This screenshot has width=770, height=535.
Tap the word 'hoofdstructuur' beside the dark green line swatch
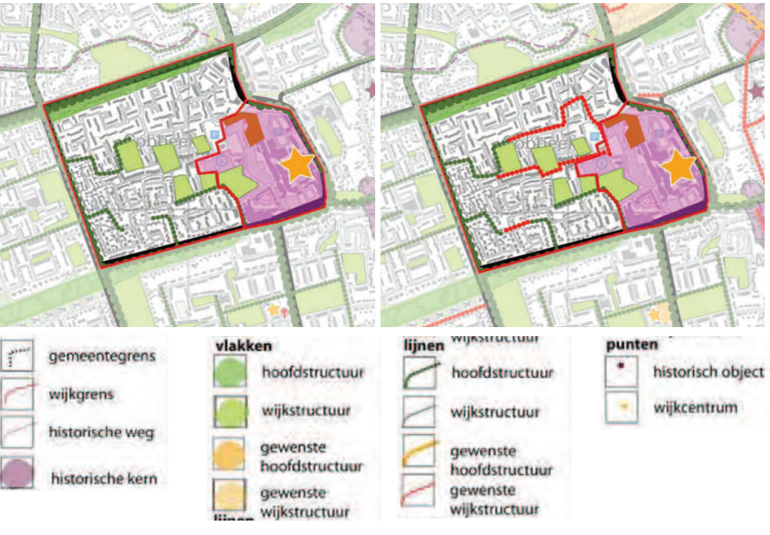coord(502,373)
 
